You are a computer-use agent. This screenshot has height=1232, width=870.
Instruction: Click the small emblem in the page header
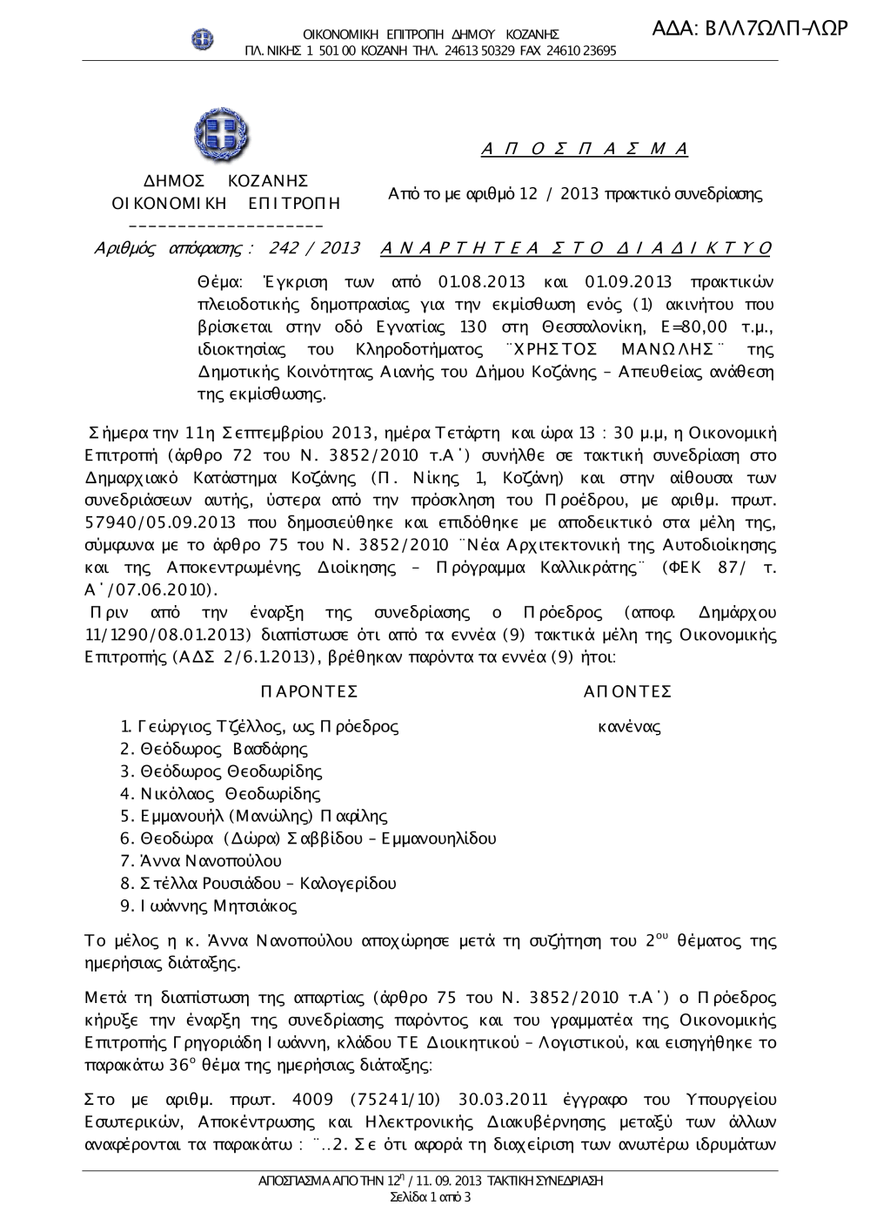click(x=204, y=38)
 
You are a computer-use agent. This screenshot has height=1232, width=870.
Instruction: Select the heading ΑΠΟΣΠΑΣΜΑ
click(x=585, y=148)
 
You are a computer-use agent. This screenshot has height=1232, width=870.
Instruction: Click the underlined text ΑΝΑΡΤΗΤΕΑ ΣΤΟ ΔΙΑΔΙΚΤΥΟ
click(x=576, y=248)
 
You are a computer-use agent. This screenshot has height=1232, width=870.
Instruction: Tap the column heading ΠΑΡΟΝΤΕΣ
click(x=310, y=692)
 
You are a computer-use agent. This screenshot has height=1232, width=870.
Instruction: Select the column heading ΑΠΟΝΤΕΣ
click(x=628, y=692)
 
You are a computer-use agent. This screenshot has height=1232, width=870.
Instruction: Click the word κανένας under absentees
click(x=629, y=726)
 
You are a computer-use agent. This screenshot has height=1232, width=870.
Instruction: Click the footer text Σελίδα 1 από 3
click(x=432, y=1197)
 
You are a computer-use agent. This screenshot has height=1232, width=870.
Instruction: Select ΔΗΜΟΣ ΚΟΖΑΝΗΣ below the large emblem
click(x=226, y=181)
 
